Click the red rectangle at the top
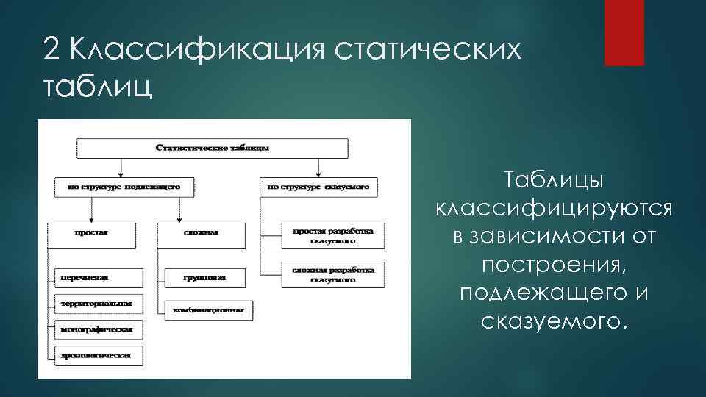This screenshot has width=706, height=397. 624,32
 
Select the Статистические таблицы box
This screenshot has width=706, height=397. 213,148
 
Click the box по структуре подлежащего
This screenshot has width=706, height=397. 124,187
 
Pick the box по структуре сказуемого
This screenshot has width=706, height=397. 317,187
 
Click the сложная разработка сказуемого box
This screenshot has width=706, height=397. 332,274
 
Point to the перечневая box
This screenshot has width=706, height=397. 97,278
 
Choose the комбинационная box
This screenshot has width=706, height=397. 209,310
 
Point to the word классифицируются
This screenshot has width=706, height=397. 554,209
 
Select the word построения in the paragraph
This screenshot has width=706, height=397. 554,265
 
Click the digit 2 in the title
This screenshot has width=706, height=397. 51,51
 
